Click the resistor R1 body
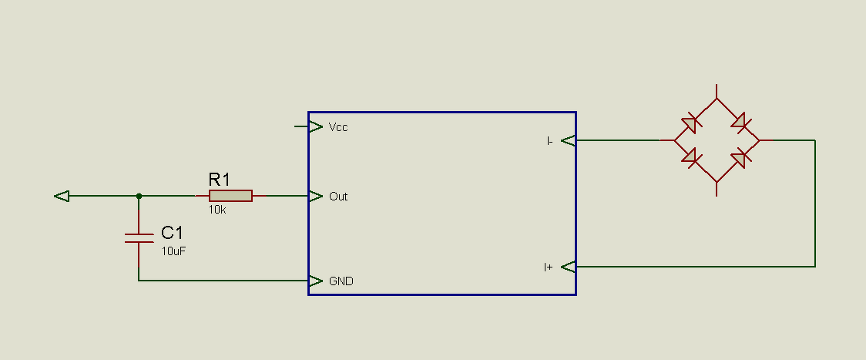click(x=230, y=196)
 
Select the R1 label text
click(x=220, y=179)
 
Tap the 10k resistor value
click(x=217, y=210)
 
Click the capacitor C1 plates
click(x=139, y=238)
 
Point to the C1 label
click(x=172, y=232)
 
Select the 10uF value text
click(x=173, y=251)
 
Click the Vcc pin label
click(x=338, y=127)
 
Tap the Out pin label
click(x=338, y=197)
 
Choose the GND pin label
click(x=341, y=281)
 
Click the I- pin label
click(x=549, y=141)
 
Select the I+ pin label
click(x=548, y=267)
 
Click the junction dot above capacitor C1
click(x=139, y=196)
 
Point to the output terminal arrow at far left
click(x=62, y=196)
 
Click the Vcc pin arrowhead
click(x=315, y=126)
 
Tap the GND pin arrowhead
click(x=315, y=281)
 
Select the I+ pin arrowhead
click(x=569, y=267)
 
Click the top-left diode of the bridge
click(x=690, y=124)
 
